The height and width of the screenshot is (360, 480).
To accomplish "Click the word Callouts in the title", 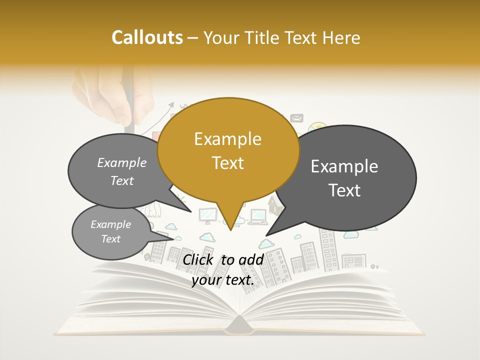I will tap(147, 37).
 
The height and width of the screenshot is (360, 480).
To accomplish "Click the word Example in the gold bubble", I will tap(227, 139).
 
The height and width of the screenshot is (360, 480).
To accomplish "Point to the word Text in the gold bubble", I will tap(227, 162).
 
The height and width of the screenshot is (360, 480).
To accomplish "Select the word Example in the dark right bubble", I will tap(344, 166).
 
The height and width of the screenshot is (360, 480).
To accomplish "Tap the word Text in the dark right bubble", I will tap(344, 190).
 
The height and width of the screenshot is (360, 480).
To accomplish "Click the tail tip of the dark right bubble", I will tap(266, 235).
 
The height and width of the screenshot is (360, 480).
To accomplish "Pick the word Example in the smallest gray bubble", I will tap(110, 224).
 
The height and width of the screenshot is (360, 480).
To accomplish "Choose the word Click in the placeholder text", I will tap(199, 259).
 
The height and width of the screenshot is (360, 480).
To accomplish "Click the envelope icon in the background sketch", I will tap(297, 118).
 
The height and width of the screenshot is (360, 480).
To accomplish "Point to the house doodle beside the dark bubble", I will tap(273, 204).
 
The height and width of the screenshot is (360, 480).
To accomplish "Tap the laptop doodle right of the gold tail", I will tap(257, 215).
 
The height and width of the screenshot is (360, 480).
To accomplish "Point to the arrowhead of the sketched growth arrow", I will tap(172, 105).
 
